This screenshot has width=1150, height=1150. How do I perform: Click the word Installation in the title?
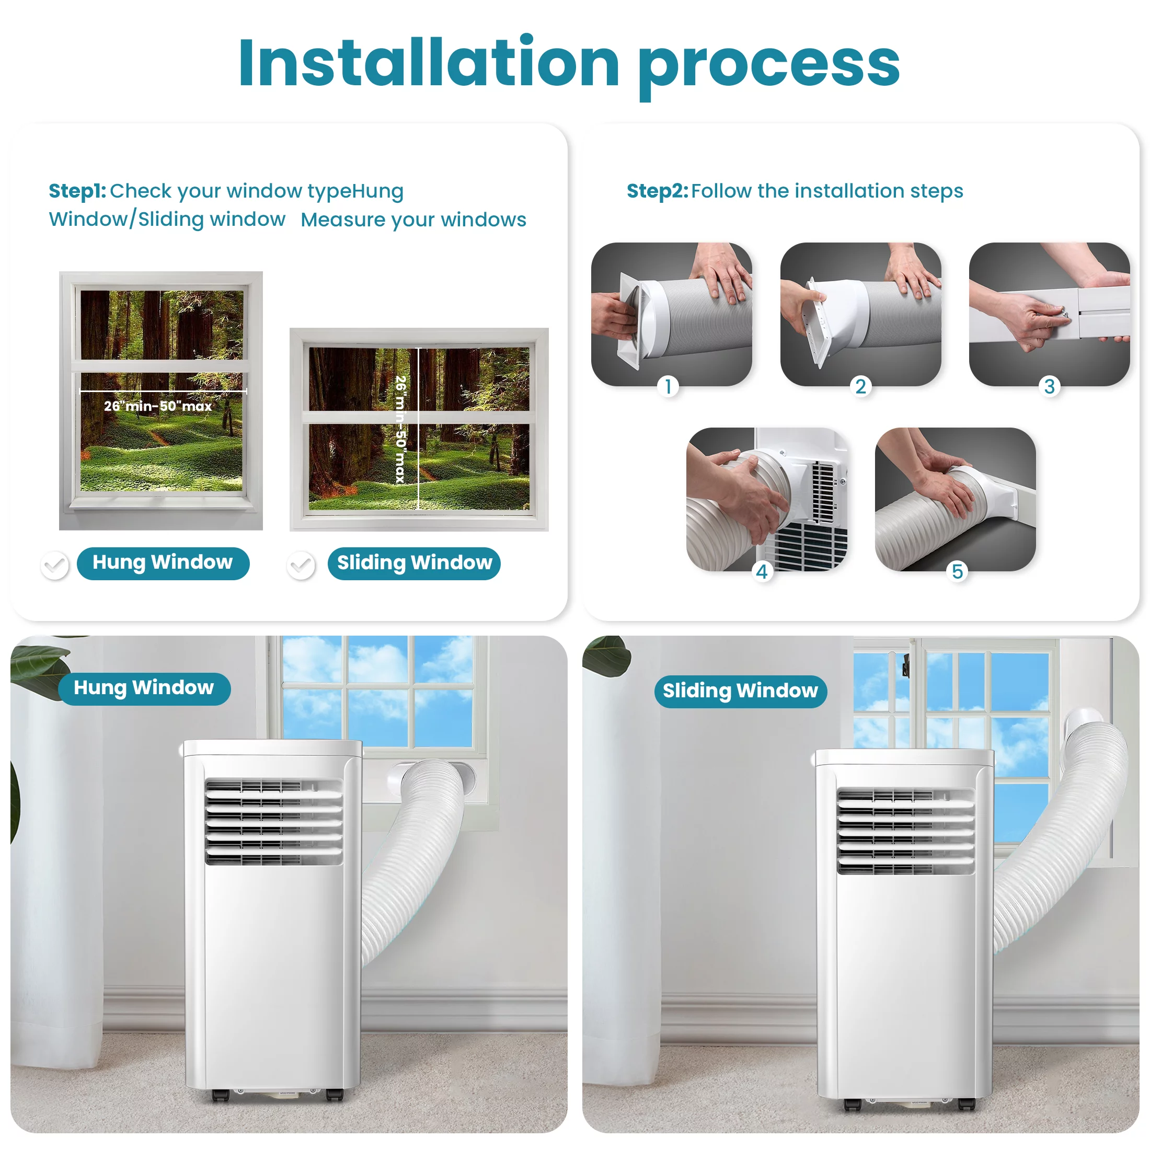tap(429, 63)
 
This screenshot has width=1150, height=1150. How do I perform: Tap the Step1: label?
tap(77, 191)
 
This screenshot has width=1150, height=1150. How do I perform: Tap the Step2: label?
tap(657, 191)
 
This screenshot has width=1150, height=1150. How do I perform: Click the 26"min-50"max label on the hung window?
tap(158, 406)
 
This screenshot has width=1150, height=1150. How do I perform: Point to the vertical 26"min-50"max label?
tap(401, 429)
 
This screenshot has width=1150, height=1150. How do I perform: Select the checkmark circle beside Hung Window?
tap(55, 565)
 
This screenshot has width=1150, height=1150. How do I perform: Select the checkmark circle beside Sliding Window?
tap(301, 565)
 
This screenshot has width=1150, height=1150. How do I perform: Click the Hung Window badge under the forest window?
tap(163, 563)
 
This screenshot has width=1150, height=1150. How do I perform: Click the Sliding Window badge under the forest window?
tap(415, 563)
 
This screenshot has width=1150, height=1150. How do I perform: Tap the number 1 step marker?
tap(669, 386)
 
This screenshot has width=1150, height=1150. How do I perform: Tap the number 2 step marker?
tap(861, 386)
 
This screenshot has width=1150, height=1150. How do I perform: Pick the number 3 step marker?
tap(1050, 386)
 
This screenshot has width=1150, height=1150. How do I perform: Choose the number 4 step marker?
tap(763, 571)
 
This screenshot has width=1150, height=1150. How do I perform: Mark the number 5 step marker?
tap(958, 571)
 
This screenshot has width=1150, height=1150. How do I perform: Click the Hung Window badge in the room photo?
tap(144, 688)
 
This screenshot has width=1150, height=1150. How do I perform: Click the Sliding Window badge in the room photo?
tap(741, 691)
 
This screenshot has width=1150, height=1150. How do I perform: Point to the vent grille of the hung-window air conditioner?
tap(274, 822)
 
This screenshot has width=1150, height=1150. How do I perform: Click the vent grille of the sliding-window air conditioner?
tap(906, 832)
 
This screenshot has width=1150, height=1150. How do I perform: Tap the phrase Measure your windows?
tap(413, 220)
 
